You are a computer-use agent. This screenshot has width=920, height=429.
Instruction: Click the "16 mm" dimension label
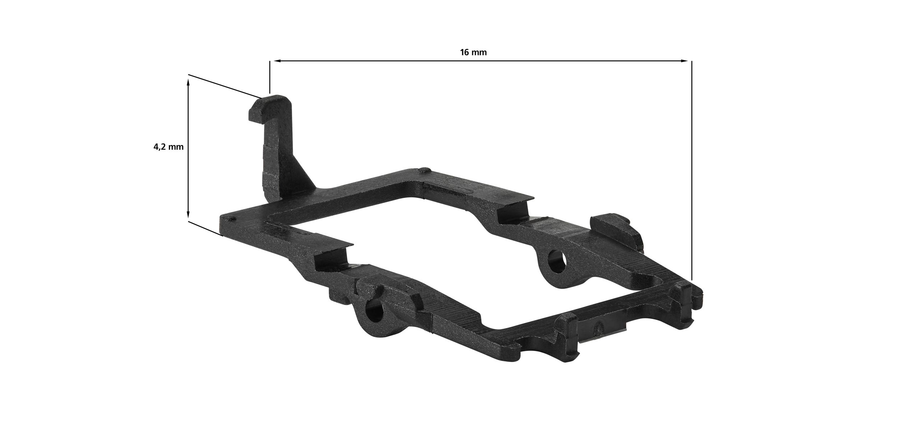(473, 52)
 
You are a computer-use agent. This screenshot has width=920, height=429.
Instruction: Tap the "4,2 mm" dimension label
(169, 147)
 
